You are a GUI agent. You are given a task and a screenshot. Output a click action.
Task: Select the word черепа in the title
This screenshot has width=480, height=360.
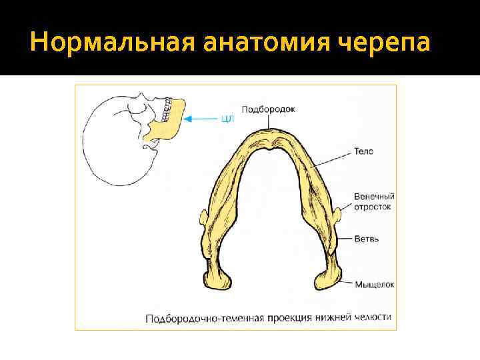pos(383,44)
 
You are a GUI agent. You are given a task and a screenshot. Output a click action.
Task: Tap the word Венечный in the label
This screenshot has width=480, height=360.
pos(374,197)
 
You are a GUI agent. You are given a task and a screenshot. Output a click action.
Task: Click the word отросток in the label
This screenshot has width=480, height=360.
pos(373,207)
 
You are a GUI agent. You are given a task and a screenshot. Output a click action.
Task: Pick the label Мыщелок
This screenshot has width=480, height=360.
pos(375,284)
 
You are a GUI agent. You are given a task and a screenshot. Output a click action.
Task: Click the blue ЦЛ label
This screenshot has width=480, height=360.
pos(227,119)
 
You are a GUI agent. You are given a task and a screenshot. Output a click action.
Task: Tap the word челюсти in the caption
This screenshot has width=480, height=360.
pos(373,317)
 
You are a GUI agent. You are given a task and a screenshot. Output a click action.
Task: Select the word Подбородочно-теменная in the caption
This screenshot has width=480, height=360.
pos(193,317)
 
